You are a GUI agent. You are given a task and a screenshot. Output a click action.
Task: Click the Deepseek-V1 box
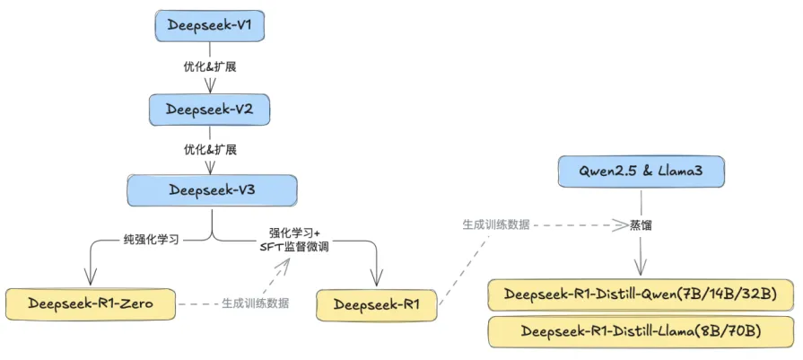(210, 27)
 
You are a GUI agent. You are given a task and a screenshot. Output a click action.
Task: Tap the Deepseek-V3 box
(211, 190)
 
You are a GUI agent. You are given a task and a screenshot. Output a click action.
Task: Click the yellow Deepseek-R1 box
(377, 304)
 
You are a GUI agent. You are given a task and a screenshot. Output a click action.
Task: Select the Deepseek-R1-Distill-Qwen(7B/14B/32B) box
(641, 294)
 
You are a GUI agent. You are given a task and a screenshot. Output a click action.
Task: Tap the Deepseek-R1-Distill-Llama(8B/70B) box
(641, 331)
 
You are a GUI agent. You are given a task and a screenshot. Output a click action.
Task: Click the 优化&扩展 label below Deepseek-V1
(210, 67)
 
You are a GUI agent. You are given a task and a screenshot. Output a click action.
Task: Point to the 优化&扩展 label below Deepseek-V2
(210, 149)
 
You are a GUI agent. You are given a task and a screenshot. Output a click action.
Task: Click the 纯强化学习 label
(152, 239)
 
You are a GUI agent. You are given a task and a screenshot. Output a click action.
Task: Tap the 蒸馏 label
(641, 225)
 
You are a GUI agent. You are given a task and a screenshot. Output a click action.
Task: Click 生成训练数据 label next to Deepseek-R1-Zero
(256, 303)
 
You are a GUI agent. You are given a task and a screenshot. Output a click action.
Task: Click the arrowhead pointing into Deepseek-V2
(210, 88)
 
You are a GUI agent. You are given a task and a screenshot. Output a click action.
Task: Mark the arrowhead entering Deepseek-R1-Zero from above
(90, 277)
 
